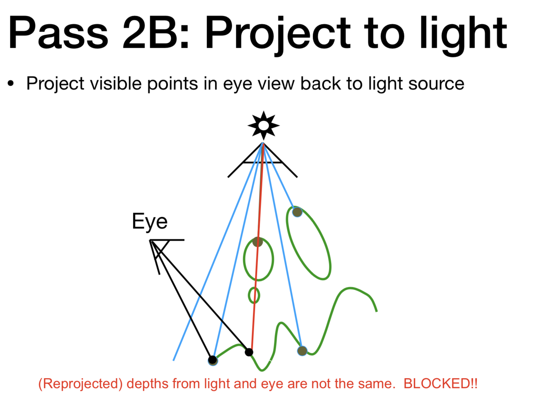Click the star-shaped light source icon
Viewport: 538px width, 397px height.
click(263, 125)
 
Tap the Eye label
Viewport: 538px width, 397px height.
click(150, 222)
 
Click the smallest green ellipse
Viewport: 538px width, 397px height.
click(254, 296)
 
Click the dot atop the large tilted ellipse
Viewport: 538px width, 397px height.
click(297, 212)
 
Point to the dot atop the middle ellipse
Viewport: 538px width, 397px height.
click(258, 242)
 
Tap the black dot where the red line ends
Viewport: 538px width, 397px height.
click(249, 352)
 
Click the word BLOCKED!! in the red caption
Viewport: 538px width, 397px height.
click(441, 383)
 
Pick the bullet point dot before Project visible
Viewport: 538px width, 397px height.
click(11, 84)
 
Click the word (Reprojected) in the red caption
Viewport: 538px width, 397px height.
click(80, 383)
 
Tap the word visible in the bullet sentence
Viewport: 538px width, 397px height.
click(116, 84)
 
